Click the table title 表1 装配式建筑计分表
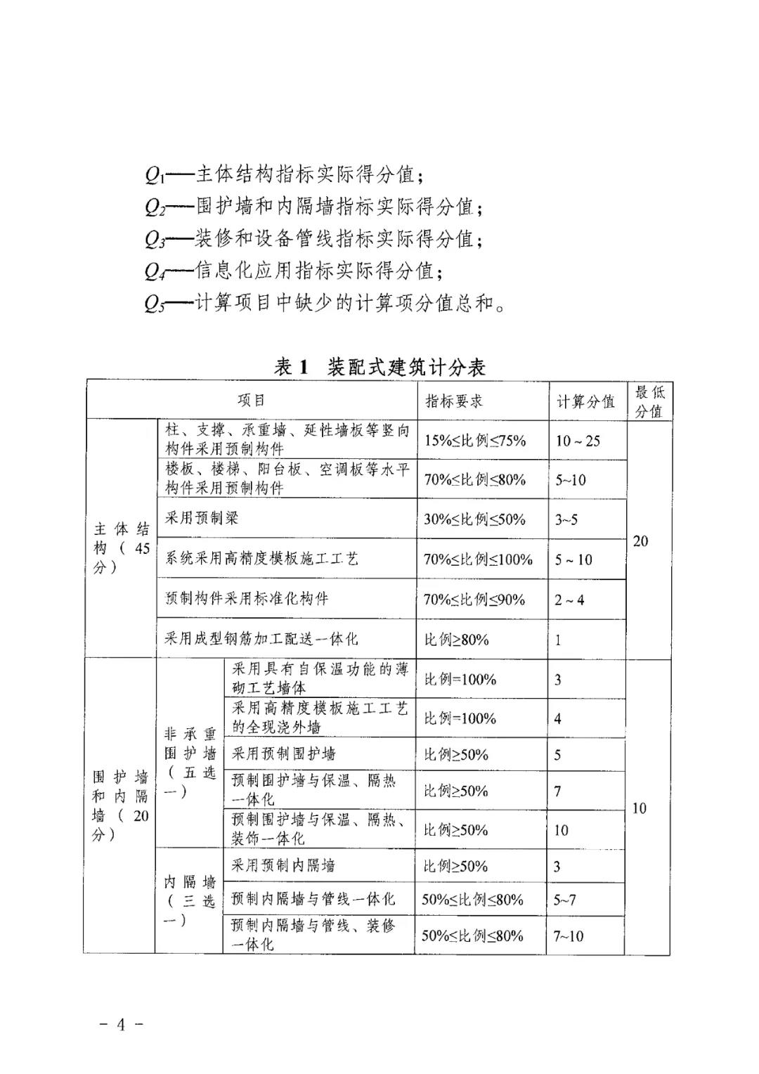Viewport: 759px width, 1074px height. [379, 366]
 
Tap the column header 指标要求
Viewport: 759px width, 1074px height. [454, 401]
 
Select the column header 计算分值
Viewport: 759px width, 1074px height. [585, 401]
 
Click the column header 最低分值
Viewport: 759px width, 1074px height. [649, 401]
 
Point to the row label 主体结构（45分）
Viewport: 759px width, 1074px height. [122, 548]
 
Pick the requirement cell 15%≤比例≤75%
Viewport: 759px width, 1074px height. [474, 441]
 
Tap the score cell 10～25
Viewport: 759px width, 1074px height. [578, 441]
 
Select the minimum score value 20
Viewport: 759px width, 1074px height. [640, 541]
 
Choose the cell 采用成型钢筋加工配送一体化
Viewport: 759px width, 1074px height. [261, 639]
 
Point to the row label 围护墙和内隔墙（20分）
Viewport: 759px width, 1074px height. [121, 805]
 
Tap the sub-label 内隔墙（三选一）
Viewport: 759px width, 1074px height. [189, 901]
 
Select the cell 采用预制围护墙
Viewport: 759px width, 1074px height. [284, 754]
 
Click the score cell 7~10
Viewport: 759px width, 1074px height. [568, 936]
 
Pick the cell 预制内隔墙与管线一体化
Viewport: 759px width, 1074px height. [313, 899]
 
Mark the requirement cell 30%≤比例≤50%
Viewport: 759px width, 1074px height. [474, 519]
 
